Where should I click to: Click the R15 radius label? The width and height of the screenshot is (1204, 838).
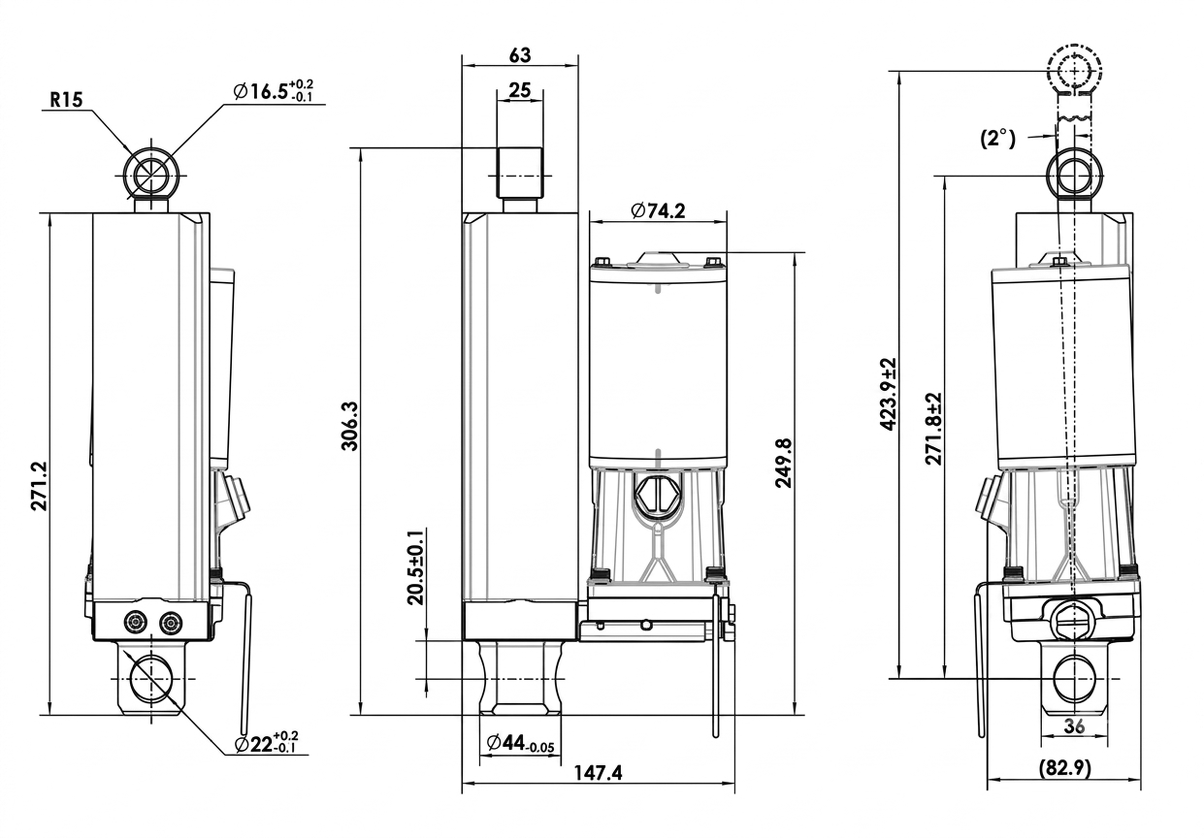[67, 100]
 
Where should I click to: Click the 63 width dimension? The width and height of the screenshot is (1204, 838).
[520, 55]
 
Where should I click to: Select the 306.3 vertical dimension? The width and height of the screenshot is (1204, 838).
[350, 426]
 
